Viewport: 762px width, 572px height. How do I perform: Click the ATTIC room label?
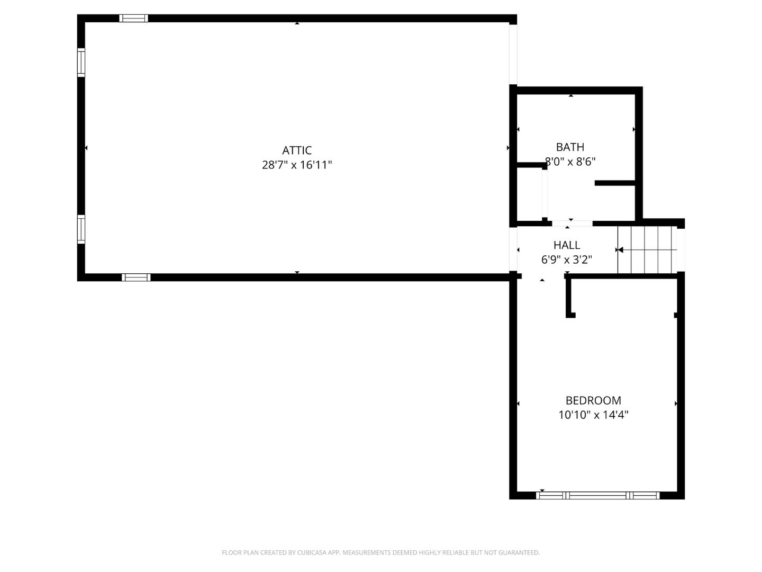point(297,150)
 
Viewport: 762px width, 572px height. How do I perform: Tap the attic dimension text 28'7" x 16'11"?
point(297,165)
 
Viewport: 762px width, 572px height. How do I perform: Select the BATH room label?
point(570,147)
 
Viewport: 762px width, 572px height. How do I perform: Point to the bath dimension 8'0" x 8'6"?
point(570,162)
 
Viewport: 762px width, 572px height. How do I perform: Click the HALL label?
point(567,245)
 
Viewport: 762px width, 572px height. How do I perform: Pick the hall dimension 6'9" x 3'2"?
point(566,260)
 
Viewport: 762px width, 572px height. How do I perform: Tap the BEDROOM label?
point(593,400)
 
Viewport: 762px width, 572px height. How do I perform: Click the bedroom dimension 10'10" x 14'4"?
point(593,415)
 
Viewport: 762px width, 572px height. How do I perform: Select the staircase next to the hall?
point(648,249)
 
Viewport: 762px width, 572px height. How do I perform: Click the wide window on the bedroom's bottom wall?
point(597,496)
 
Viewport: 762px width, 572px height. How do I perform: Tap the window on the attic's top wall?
point(133,19)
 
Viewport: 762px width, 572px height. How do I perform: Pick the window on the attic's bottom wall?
point(136,277)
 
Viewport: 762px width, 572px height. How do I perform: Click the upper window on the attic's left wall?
point(81,62)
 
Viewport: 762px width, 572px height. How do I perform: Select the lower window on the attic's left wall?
point(81,229)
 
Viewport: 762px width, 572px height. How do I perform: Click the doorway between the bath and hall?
point(572,224)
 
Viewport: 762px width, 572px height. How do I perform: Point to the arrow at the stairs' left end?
point(620,249)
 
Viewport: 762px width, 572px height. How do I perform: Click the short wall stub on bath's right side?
point(614,183)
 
